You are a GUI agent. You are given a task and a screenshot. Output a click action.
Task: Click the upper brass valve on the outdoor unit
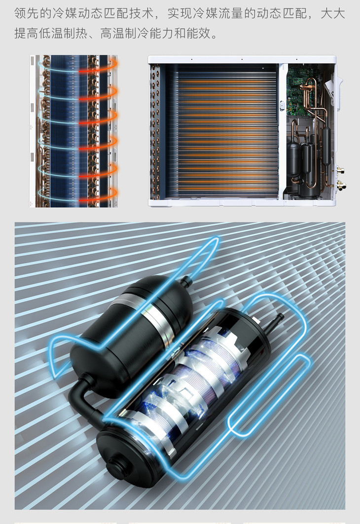pyautogui.click(x=341, y=170)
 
